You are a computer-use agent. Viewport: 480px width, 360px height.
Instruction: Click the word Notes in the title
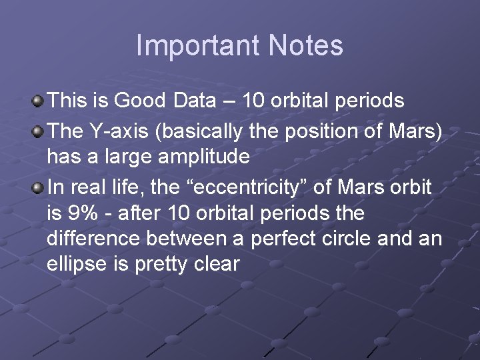[306, 46]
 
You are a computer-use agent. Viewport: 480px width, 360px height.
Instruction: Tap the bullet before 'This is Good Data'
[39, 101]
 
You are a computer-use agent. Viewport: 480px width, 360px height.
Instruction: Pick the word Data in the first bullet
[194, 101]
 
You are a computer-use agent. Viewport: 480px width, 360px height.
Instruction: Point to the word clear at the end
[217, 264]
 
